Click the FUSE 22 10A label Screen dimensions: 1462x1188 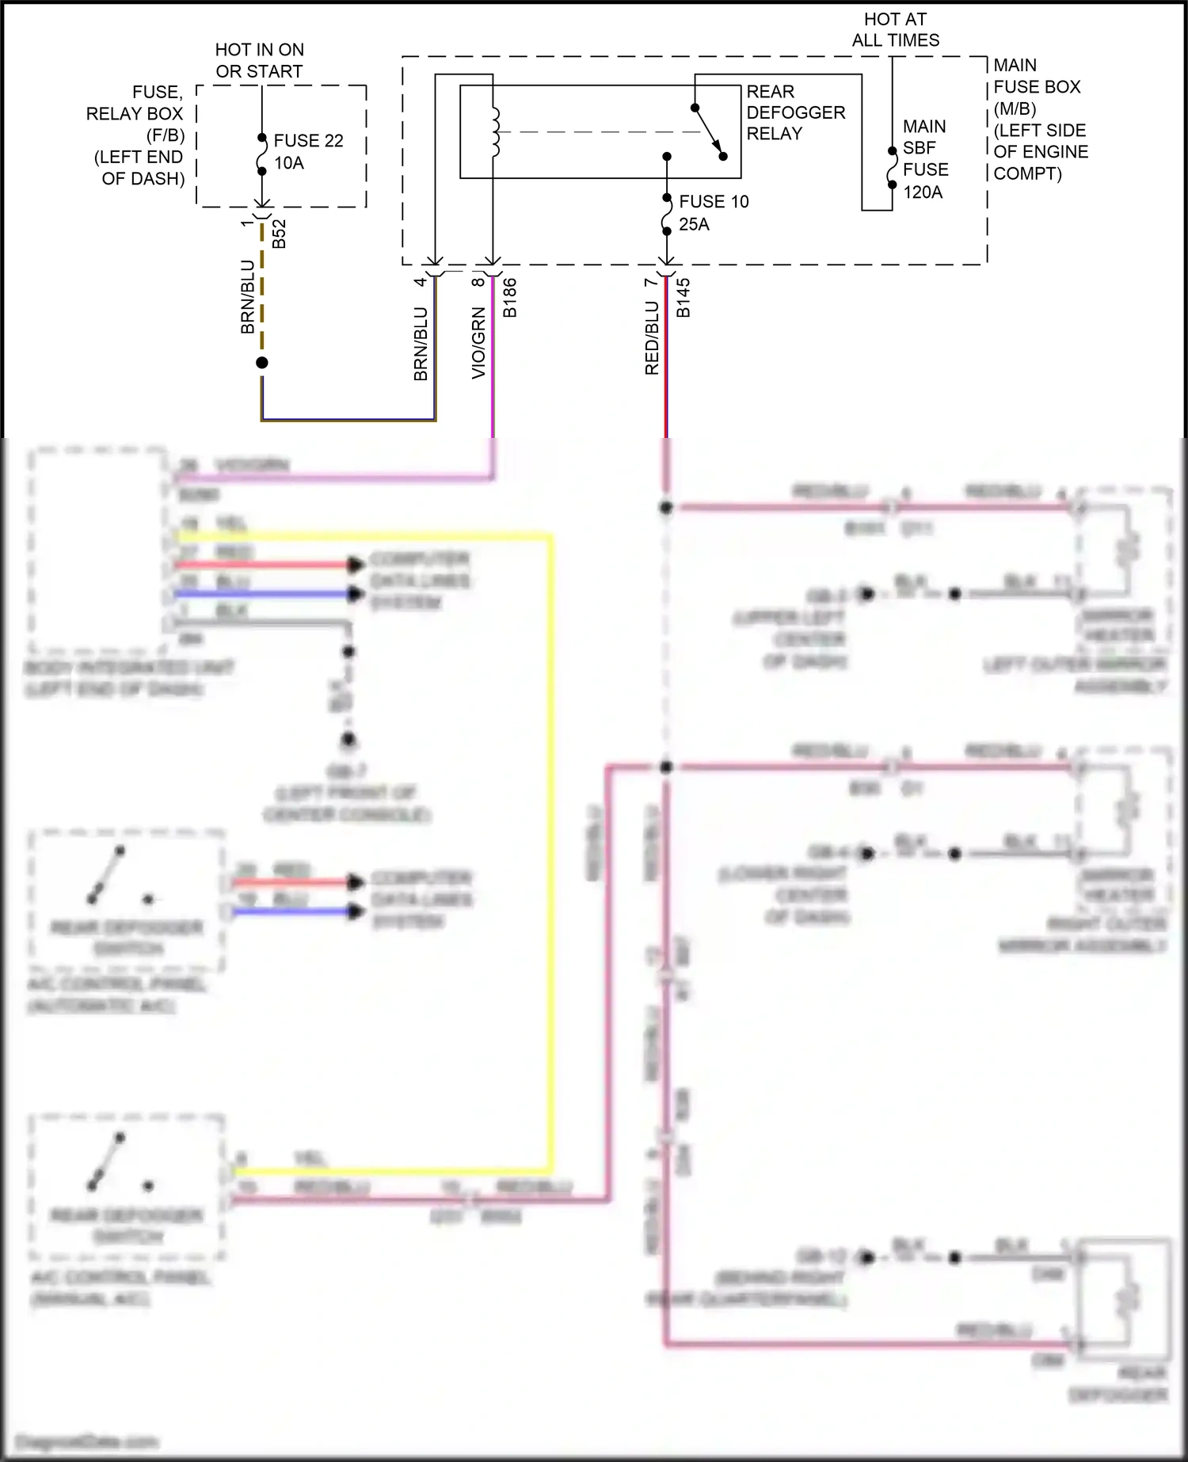tap(308, 151)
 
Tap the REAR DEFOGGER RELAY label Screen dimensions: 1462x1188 tap(795, 112)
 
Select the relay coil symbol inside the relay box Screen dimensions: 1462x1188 tap(495, 131)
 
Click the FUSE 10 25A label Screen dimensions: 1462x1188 tap(712, 212)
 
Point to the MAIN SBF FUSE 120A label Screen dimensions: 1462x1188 tap(924, 159)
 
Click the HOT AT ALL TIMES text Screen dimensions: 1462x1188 tap(895, 29)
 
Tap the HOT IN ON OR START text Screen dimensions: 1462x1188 tap(259, 60)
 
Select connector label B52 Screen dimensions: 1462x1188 tap(279, 234)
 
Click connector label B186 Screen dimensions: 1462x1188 tap(510, 298)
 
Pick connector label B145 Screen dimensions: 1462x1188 tap(683, 298)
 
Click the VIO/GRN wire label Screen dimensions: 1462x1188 tap(478, 342)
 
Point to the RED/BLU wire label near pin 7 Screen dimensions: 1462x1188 tap(651, 338)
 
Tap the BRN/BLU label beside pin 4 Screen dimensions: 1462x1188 tap(421, 344)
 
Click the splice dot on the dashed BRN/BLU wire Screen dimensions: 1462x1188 tap(262, 363)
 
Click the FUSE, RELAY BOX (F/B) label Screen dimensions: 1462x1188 tap(136, 135)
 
